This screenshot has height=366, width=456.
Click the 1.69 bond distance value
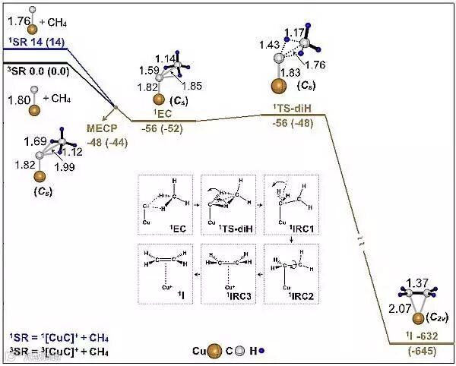[x=33, y=140]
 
